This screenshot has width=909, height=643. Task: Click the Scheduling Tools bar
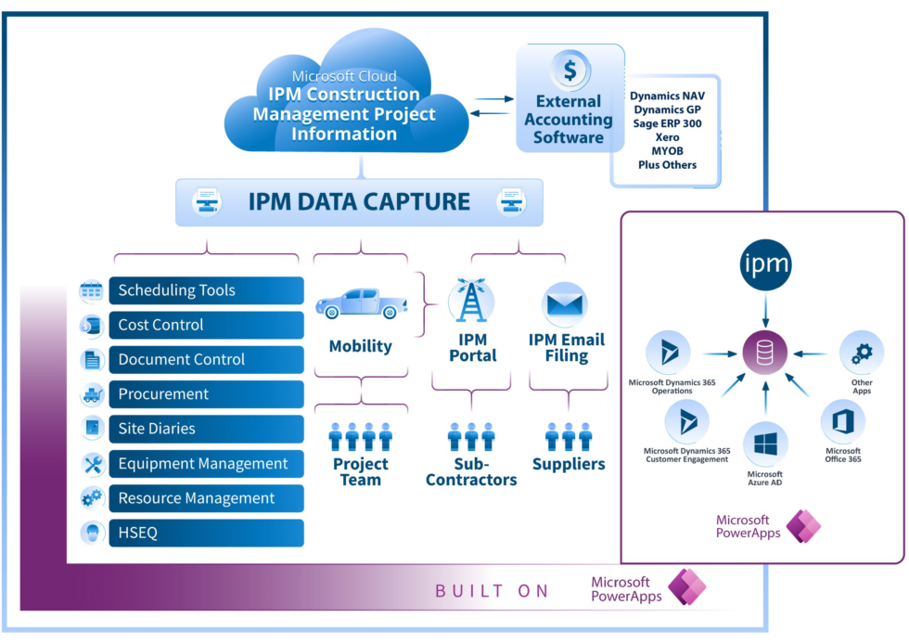pos(205,290)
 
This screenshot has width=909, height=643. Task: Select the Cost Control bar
pos(205,325)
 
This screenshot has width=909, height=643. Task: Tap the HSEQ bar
pos(205,533)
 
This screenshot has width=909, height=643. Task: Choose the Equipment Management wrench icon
pos(92,464)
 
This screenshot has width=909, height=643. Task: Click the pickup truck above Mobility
pos(361,302)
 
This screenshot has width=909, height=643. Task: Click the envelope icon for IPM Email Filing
pos(565,303)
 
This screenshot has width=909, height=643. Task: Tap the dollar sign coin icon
pos(570,70)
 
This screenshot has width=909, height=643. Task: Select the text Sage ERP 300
pos(667,122)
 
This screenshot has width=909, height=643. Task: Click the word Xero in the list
pos(667,136)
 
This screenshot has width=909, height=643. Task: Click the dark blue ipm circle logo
pos(765,265)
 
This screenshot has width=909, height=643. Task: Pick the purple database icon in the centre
pos(765,354)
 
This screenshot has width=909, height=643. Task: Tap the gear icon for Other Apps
pos(862,353)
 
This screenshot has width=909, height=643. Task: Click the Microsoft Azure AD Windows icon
pos(765,445)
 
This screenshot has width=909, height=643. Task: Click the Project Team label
pos(361,471)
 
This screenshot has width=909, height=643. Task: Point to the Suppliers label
pos(568,464)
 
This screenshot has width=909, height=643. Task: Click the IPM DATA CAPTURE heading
pos(359,201)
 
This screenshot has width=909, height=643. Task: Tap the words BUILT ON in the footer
pos(492,591)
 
